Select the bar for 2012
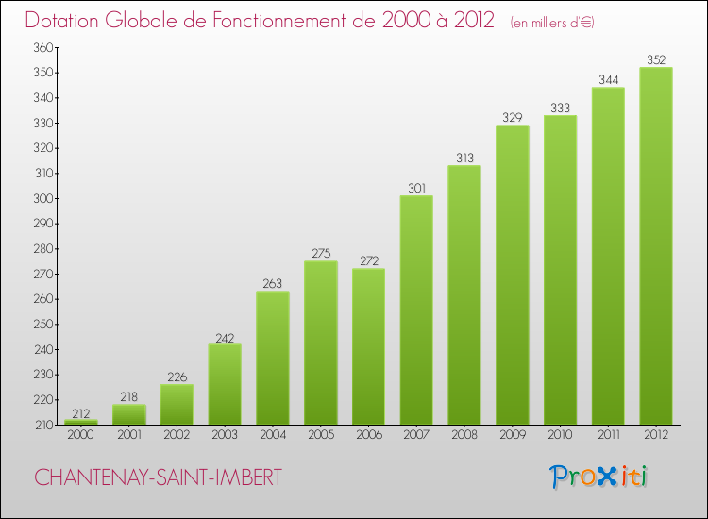(656, 245)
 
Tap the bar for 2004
(273, 358)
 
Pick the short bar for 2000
(81, 422)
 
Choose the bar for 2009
(513, 275)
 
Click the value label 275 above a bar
(321, 253)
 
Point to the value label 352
(656, 59)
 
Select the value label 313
(464, 158)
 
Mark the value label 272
(368, 260)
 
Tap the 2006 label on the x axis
(368, 436)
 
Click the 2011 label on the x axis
(608, 436)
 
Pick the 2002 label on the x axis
(177, 436)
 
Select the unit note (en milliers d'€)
(552, 22)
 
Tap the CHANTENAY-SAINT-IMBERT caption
(158, 477)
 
